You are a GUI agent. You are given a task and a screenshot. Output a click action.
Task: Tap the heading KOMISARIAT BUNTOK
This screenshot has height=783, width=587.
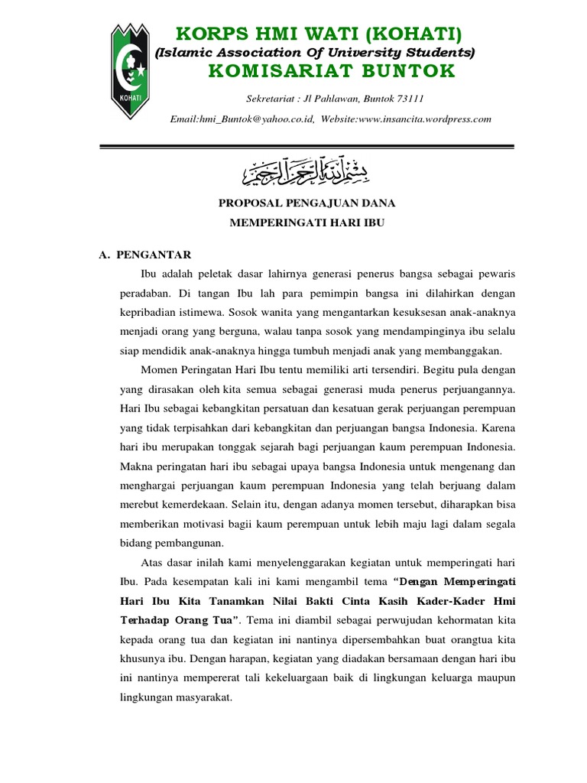point(331,72)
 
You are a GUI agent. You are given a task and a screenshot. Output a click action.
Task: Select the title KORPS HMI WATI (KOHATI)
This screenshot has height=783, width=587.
point(319,34)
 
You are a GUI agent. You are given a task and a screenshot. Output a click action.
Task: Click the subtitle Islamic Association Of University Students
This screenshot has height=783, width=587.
point(315,53)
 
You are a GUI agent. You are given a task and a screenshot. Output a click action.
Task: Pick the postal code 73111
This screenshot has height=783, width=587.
point(409,99)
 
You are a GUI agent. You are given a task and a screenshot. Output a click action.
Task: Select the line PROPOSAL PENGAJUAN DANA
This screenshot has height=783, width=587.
point(307,203)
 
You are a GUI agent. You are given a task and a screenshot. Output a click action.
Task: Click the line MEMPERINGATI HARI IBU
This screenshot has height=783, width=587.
point(306,223)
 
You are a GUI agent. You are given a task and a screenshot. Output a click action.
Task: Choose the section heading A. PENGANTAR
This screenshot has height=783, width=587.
point(145,255)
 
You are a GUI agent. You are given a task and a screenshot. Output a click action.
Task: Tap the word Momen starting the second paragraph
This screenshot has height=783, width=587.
point(161,370)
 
